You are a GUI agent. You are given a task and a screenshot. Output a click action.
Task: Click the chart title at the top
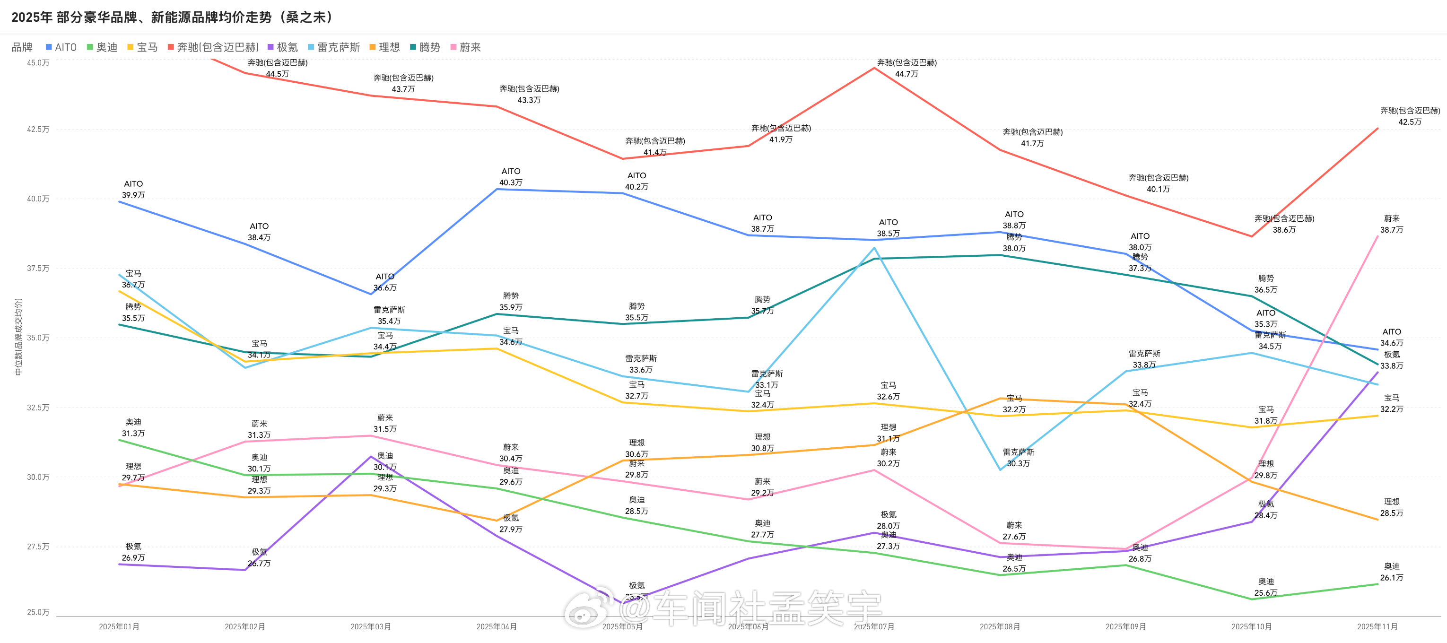173,17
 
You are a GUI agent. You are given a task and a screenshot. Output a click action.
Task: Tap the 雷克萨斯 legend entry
334,48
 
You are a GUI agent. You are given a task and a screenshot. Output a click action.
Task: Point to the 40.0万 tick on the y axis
38,199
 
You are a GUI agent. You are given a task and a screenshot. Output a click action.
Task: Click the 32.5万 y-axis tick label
38,408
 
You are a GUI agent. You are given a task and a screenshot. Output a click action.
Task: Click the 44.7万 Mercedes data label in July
907,74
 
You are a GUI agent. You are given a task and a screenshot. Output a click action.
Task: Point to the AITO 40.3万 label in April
511,182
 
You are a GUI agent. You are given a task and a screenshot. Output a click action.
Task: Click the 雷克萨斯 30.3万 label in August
1019,463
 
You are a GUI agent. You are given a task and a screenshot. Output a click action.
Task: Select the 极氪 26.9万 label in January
133,557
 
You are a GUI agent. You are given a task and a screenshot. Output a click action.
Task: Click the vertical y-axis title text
18,337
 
